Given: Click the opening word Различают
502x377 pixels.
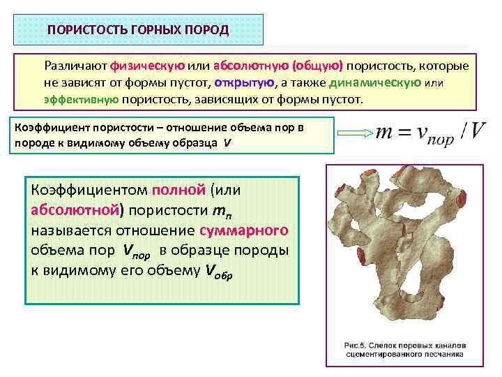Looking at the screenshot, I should pos(75,66).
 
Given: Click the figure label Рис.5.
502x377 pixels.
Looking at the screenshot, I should pos(358,345).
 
